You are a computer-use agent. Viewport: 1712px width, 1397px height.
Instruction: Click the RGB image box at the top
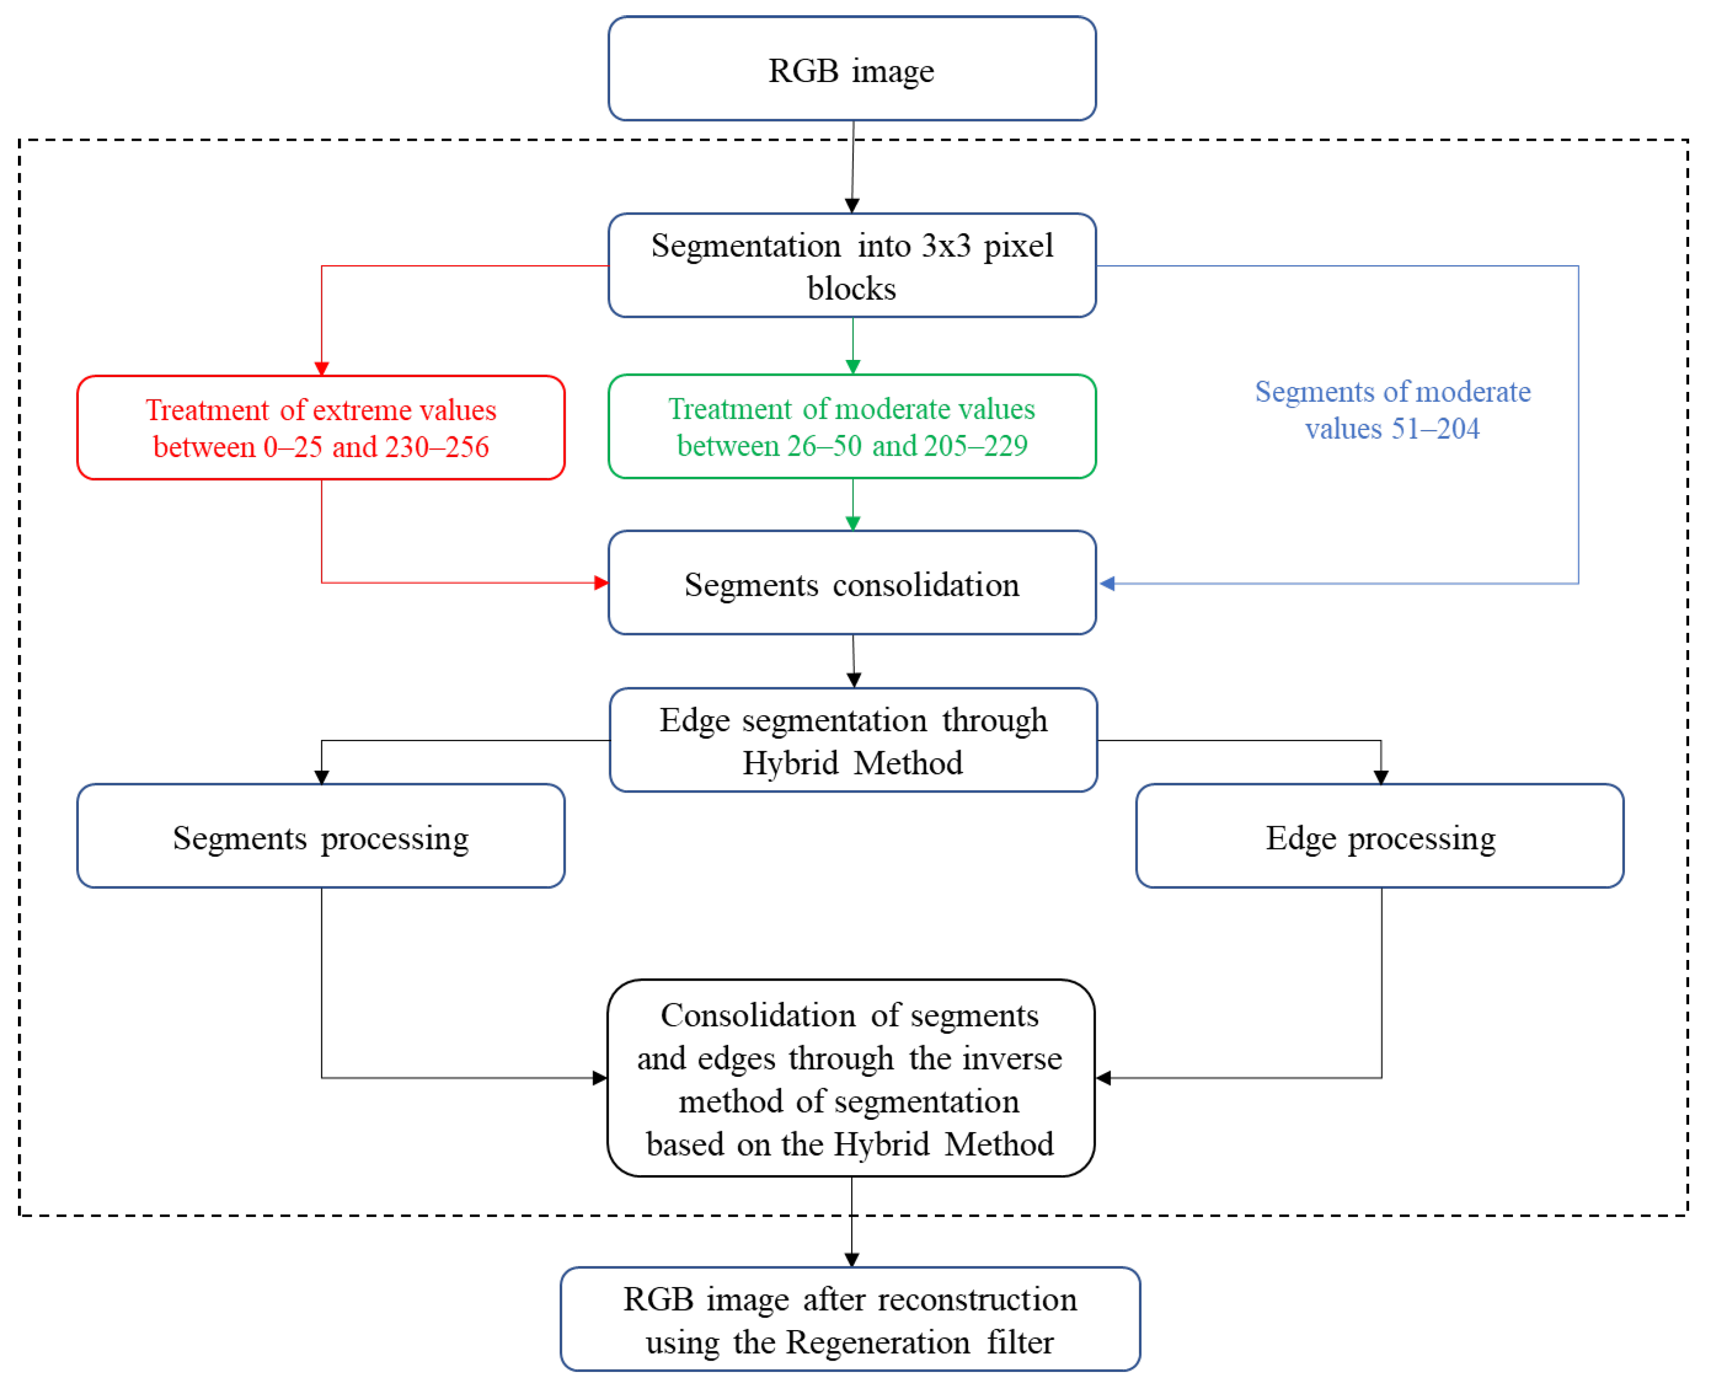(x=852, y=69)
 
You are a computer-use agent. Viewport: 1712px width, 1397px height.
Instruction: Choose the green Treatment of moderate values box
(x=852, y=427)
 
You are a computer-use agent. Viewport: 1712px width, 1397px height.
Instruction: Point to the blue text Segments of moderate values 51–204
(x=1392, y=410)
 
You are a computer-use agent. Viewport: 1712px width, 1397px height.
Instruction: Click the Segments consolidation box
(x=852, y=583)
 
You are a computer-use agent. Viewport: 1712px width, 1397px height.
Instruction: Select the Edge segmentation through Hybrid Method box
(x=853, y=740)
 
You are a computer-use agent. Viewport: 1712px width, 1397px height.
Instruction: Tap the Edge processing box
(x=1380, y=837)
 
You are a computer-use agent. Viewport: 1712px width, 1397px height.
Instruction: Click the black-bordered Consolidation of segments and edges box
(x=850, y=1078)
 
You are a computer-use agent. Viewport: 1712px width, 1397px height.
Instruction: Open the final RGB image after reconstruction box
(x=850, y=1320)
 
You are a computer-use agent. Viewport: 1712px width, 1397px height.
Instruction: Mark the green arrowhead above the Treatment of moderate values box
(x=852, y=367)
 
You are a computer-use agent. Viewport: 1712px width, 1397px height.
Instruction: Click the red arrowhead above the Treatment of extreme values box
(x=321, y=369)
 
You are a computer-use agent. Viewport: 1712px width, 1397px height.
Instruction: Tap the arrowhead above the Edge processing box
(x=1381, y=777)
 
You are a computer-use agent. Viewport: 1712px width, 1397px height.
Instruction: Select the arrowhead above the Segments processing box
(x=321, y=777)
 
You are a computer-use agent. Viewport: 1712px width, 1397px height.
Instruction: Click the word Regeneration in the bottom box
(x=877, y=1342)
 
